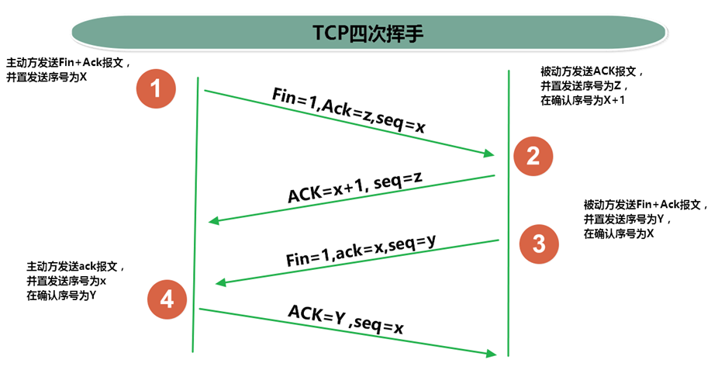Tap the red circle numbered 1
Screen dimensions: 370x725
click(156, 88)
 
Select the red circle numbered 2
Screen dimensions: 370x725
click(533, 157)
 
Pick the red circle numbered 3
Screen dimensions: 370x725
click(538, 244)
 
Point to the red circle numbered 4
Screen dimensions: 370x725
click(167, 299)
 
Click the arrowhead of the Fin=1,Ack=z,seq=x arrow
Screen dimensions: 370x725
click(489, 153)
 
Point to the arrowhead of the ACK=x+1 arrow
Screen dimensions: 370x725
click(215, 222)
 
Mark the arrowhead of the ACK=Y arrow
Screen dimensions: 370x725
click(490, 354)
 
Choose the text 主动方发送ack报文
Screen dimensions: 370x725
click(75, 266)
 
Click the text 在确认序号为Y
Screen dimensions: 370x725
click(60, 296)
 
